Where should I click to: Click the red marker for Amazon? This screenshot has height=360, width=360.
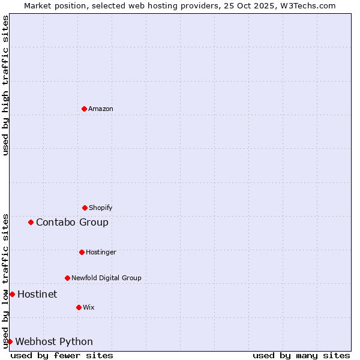[85, 109]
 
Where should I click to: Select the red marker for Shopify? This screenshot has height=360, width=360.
[85, 208]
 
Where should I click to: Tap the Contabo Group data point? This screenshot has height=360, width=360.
[31, 222]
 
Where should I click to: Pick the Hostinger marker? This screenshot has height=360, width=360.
[82, 252]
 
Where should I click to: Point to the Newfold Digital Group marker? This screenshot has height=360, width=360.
[67, 278]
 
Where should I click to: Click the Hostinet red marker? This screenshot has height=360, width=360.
[12, 294]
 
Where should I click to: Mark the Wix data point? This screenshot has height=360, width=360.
[79, 307]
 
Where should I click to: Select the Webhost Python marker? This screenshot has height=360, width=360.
[10, 341]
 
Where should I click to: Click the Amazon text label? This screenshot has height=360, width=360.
[101, 109]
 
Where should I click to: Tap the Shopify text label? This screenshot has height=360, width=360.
[101, 208]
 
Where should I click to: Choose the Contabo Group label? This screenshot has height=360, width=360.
[72, 222]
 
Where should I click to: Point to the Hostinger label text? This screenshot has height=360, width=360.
[101, 252]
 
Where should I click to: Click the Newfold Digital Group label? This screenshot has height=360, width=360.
[106, 278]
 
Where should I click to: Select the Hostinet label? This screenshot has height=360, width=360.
[37, 294]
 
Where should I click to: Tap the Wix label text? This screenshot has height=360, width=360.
[89, 307]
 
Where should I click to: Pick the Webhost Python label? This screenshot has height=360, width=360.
[54, 341]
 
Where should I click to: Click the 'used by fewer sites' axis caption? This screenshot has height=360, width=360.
[62, 355]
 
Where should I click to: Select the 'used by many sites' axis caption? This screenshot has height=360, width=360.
[301, 355]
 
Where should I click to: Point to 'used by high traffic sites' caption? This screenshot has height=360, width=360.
[5, 85]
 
